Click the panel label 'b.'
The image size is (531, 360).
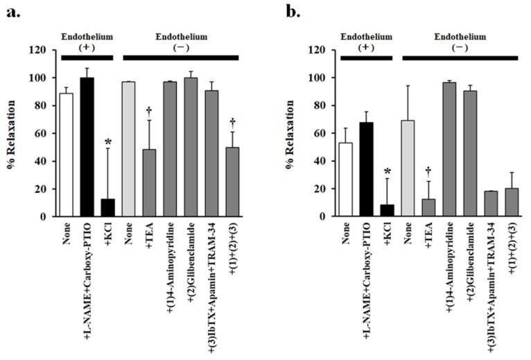coord(289,12)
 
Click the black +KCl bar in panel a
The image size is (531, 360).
coord(107,207)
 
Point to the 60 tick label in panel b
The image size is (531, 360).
coord(320,134)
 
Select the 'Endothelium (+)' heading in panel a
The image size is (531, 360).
coord(86,42)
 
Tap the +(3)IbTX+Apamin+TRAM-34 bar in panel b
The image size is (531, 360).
coord(491,204)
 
